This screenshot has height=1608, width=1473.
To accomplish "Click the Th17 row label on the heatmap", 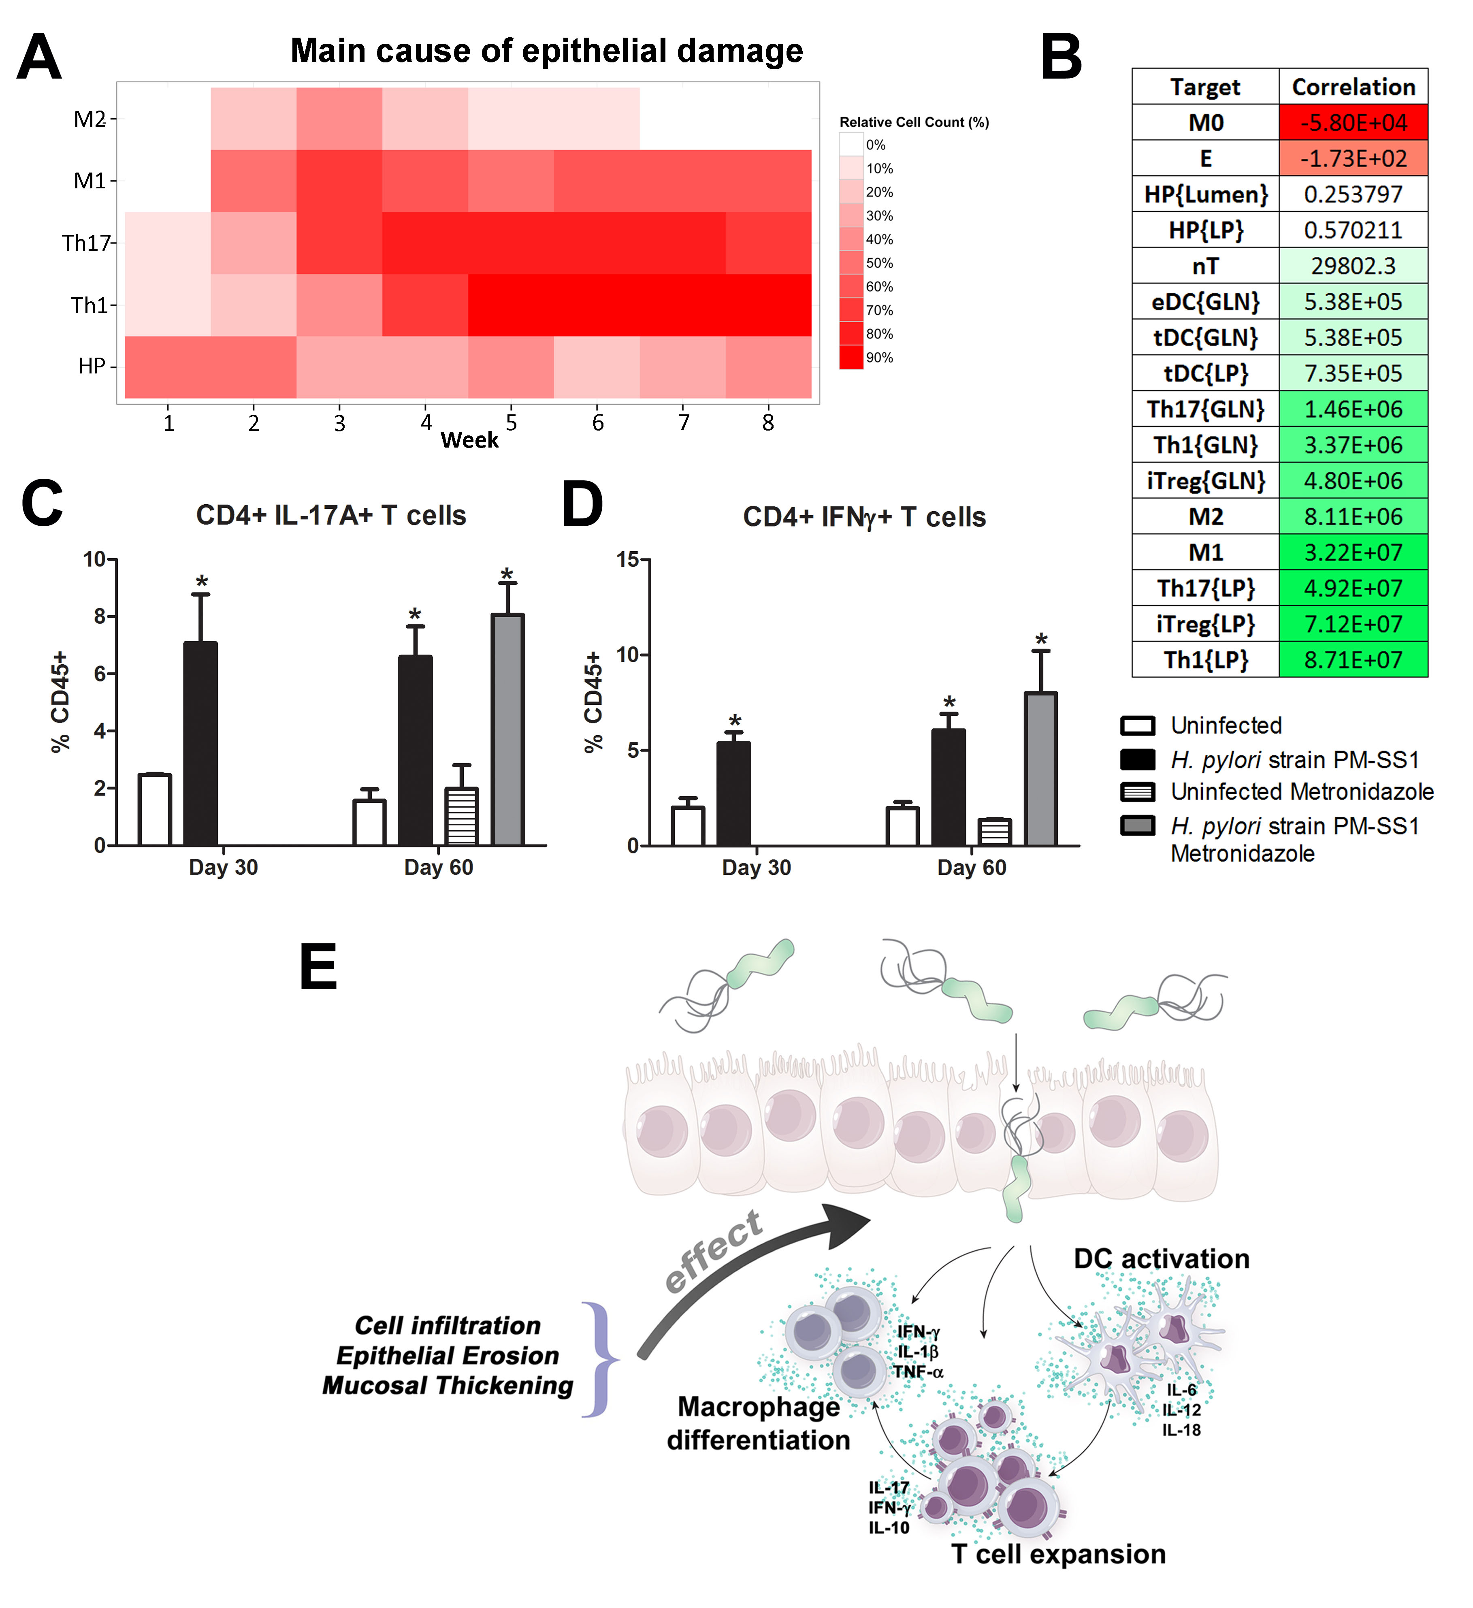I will (x=86, y=243).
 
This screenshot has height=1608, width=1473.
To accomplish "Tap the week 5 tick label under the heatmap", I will (x=511, y=423).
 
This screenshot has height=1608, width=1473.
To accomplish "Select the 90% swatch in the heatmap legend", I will (x=851, y=357).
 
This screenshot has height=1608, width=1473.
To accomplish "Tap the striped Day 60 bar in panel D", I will (x=995, y=832).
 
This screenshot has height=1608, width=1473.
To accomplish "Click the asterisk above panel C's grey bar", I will (x=507, y=574).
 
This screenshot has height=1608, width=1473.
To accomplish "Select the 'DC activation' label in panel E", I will (x=1161, y=1258).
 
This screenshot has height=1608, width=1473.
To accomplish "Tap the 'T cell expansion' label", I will (x=1058, y=1554).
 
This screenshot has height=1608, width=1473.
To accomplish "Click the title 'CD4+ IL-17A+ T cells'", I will (x=331, y=515).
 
